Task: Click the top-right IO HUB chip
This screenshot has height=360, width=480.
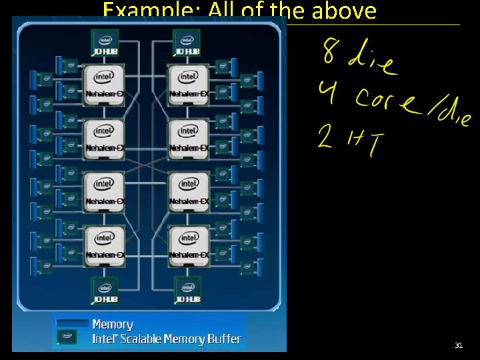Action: pos(187,44)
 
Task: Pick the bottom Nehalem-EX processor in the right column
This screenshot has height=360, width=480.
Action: pos(188,245)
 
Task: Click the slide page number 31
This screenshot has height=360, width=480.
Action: pos(459,345)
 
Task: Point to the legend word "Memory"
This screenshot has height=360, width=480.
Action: pos(112,325)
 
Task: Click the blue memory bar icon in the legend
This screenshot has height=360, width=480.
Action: pos(72,323)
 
